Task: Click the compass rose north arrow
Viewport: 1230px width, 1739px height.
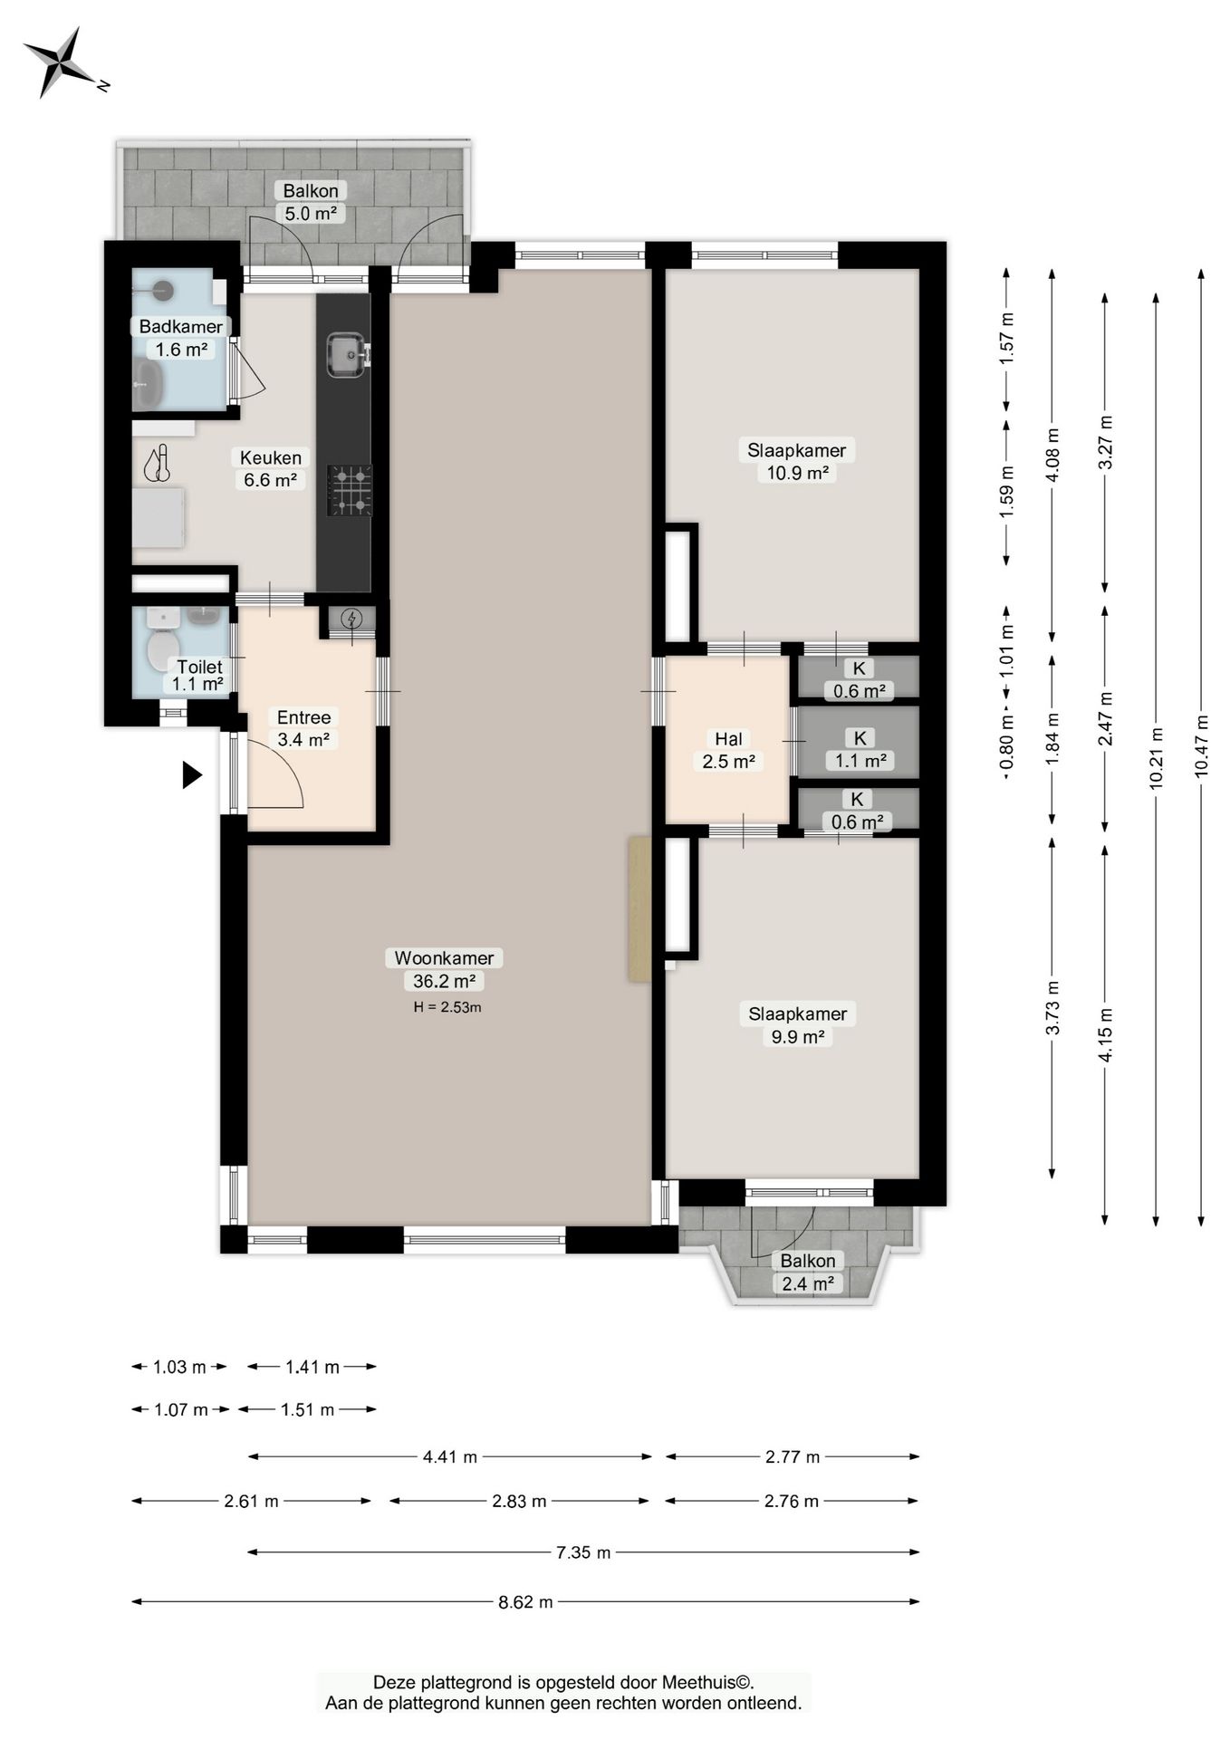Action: (x=59, y=62)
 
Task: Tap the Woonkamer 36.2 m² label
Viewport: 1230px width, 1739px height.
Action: (x=444, y=969)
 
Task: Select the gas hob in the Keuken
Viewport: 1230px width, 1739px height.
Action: (x=350, y=490)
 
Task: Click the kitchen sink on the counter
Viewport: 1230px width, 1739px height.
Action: (x=347, y=354)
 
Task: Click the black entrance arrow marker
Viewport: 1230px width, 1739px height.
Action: (x=192, y=775)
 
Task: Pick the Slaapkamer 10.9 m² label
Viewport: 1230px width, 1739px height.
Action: (x=797, y=461)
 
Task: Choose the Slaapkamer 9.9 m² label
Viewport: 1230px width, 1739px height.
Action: (x=797, y=1025)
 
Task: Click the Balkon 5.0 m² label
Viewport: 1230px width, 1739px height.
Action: (x=311, y=202)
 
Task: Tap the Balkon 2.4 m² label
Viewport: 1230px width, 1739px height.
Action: (x=808, y=1272)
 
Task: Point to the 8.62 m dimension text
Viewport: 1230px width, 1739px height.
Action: (x=525, y=1602)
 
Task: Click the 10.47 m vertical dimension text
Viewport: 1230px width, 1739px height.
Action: (x=1202, y=746)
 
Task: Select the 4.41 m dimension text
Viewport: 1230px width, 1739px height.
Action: (x=450, y=1457)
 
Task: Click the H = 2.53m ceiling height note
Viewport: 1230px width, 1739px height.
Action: (x=447, y=1007)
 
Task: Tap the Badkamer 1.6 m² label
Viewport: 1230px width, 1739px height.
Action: (x=181, y=338)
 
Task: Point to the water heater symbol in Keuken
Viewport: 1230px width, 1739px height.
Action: (x=158, y=463)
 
